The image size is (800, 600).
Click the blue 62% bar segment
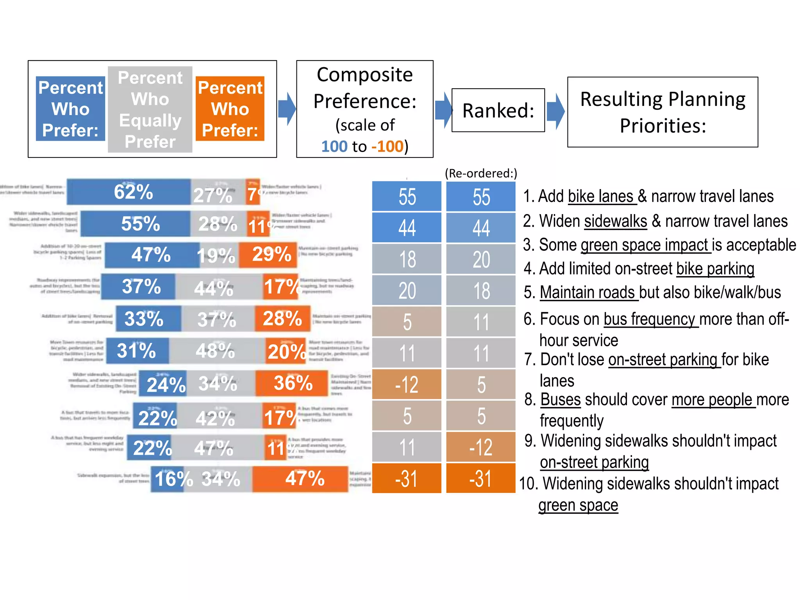tap(129, 192)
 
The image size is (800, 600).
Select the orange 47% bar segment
tap(300, 479)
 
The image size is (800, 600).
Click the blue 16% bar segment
tap(167, 479)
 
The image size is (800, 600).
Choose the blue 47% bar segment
tap(152, 255)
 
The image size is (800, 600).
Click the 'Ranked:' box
tap(498, 110)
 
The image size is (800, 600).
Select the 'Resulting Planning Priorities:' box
tap(662, 112)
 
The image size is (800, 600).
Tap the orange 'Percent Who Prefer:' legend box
tap(230, 109)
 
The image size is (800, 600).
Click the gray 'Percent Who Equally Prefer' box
tap(150, 109)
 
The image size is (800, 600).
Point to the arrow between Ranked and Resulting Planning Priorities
tap(555, 111)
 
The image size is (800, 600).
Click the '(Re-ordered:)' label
tap(481, 173)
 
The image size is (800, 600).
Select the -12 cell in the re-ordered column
tap(481, 447)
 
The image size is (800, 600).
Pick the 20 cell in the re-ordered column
tap(481, 259)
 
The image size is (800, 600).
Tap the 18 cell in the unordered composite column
tap(407, 259)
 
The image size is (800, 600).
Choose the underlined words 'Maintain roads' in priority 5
tap(589, 293)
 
